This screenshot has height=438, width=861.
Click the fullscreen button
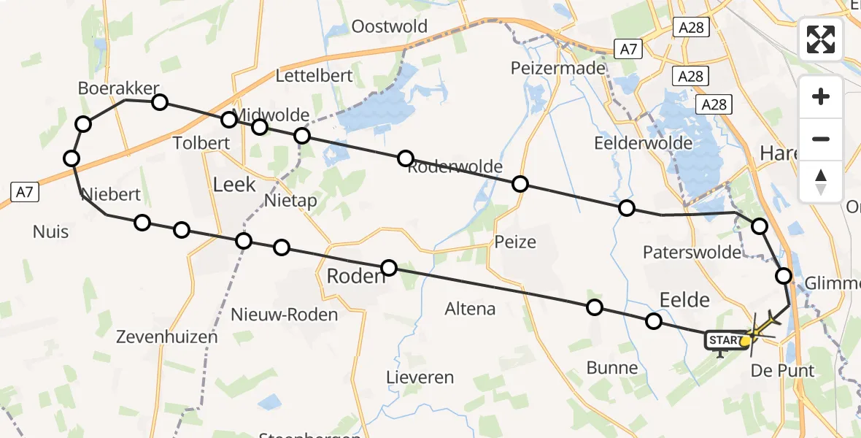[x=821, y=39]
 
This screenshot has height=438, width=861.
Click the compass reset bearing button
[x=821, y=182]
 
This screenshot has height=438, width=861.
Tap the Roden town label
[x=356, y=276]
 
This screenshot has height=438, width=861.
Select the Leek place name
[x=233, y=184]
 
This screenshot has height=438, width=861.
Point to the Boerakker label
[x=118, y=88]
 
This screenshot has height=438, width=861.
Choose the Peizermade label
[x=557, y=68]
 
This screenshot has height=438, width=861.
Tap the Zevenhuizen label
[x=166, y=337]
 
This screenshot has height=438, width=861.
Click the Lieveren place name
[x=420, y=377]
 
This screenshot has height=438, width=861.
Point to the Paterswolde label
[x=691, y=252]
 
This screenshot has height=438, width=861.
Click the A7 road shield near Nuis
[x=24, y=192]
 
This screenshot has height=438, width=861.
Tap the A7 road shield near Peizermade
[x=628, y=49]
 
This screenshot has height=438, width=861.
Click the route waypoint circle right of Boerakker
[x=160, y=101]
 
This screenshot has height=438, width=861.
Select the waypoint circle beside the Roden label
[x=389, y=268]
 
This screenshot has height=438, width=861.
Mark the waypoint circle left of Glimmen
[x=783, y=276]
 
